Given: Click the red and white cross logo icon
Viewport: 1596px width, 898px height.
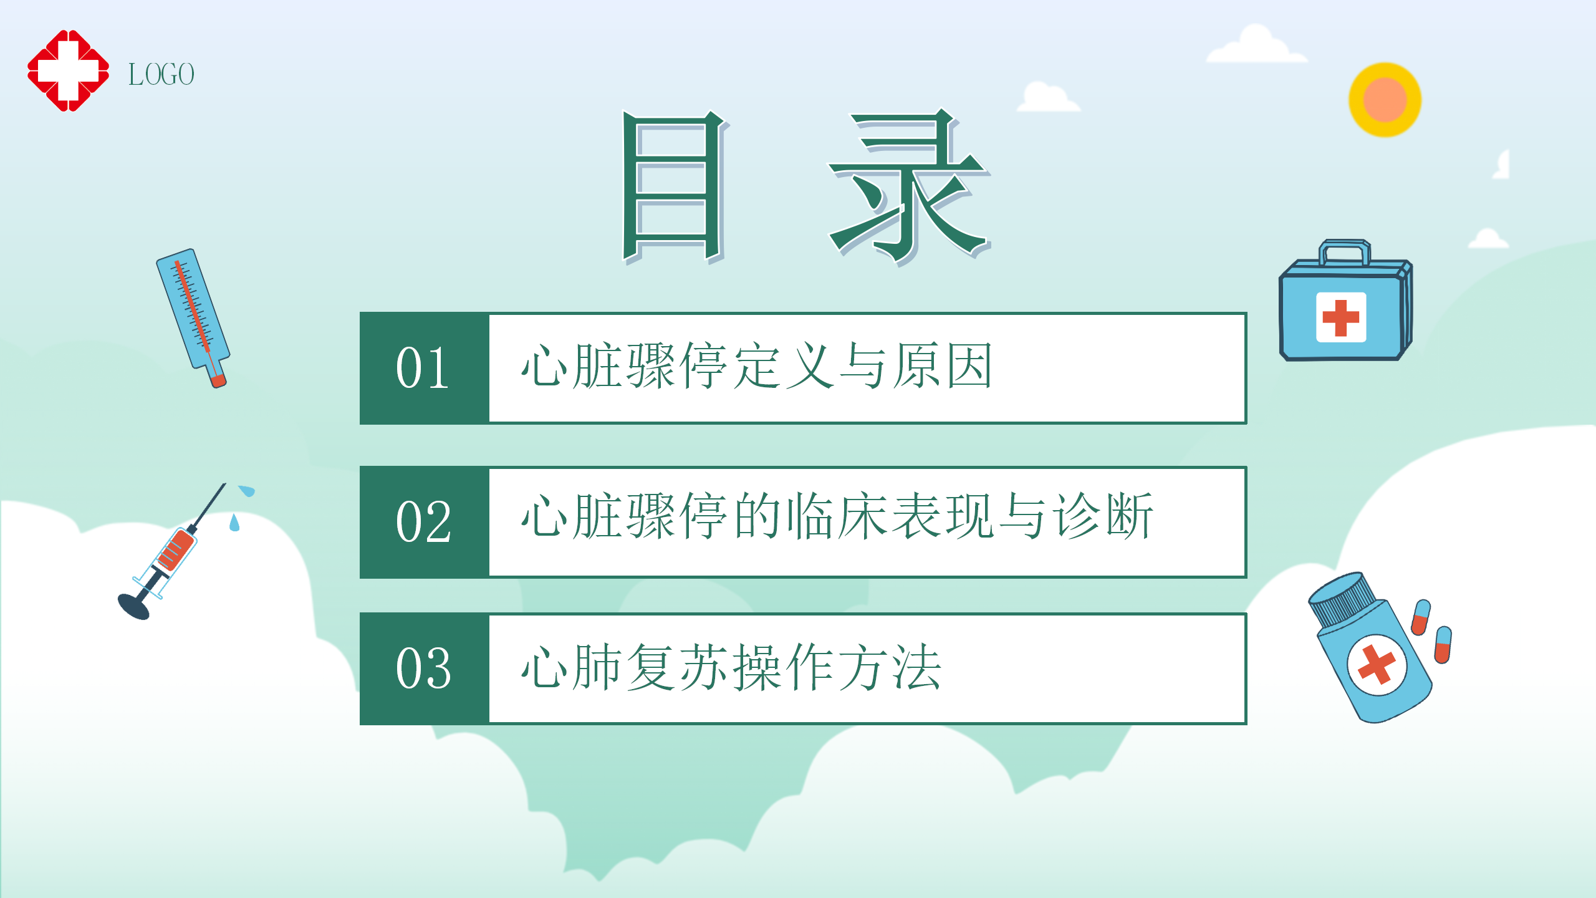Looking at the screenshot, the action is (x=69, y=70).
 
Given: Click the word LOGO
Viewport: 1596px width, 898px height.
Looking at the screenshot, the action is (x=161, y=74).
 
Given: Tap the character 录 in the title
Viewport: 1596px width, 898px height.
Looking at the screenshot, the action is (x=909, y=187).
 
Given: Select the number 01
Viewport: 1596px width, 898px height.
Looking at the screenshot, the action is (x=423, y=368).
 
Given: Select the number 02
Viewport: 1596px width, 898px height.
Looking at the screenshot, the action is (x=423, y=521).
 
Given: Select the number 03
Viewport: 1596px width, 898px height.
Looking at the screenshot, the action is (x=423, y=669).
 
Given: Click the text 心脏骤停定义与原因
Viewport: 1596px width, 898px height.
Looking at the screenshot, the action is (x=756, y=366).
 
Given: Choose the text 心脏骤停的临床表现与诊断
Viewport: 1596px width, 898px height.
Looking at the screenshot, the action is (x=837, y=516).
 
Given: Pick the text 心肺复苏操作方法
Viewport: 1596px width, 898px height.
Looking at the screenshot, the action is (x=731, y=667).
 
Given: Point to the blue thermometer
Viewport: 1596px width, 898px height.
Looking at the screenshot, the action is (x=193, y=317).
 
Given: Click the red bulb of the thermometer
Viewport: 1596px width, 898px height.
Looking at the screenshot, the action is (x=218, y=380).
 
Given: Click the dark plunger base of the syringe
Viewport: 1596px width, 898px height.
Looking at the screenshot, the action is (x=133, y=606).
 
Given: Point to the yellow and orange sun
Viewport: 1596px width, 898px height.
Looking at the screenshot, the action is (x=1385, y=100).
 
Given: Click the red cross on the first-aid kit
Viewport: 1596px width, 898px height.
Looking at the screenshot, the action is (x=1340, y=317).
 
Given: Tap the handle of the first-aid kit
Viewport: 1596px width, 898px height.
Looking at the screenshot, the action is (x=1344, y=252).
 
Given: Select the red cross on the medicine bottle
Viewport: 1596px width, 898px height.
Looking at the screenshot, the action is (x=1377, y=664).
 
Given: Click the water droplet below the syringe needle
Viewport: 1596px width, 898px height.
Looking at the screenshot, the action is (x=234, y=523).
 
